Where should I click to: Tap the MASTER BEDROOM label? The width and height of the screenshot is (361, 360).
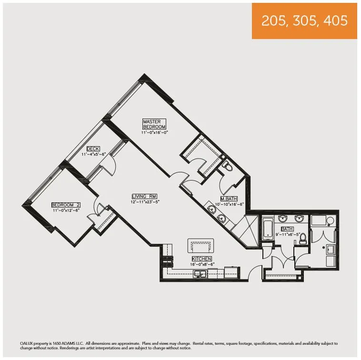[154, 124]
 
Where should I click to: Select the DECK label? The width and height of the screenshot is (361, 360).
[93, 149]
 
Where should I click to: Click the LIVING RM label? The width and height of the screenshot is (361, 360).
[145, 196]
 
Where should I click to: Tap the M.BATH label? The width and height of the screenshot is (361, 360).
[229, 199]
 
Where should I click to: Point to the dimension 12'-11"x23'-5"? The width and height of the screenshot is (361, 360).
[145, 201]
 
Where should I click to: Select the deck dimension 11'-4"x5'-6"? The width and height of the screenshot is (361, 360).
[93, 154]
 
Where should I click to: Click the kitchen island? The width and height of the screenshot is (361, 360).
[200, 246]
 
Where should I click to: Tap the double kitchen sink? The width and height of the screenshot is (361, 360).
[200, 273]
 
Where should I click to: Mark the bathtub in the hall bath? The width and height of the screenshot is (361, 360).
[267, 230]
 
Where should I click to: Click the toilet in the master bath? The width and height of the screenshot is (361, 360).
[227, 167]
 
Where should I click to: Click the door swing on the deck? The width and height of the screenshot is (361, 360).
[110, 165]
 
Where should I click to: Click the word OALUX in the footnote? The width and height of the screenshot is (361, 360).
[14, 343]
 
